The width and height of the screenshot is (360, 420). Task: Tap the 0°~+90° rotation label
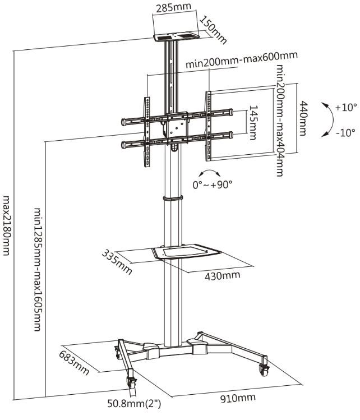point(212,184)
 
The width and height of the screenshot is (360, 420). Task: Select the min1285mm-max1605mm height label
point(38,269)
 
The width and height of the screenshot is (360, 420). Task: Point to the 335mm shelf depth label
point(116,262)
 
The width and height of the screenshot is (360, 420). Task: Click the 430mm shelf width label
point(223,275)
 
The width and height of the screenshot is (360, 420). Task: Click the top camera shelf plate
point(174,38)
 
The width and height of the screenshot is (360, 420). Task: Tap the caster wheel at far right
point(264,369)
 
